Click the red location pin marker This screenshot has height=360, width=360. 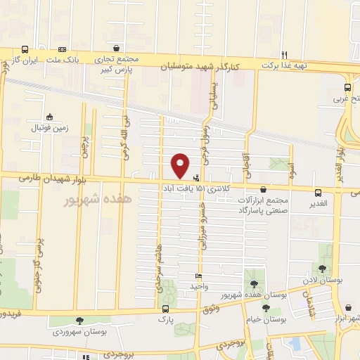181,165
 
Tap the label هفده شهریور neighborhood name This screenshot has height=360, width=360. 79,200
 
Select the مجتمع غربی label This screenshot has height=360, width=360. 346,98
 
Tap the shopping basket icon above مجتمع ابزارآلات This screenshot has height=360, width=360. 264,189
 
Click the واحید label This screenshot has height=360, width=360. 199,286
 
